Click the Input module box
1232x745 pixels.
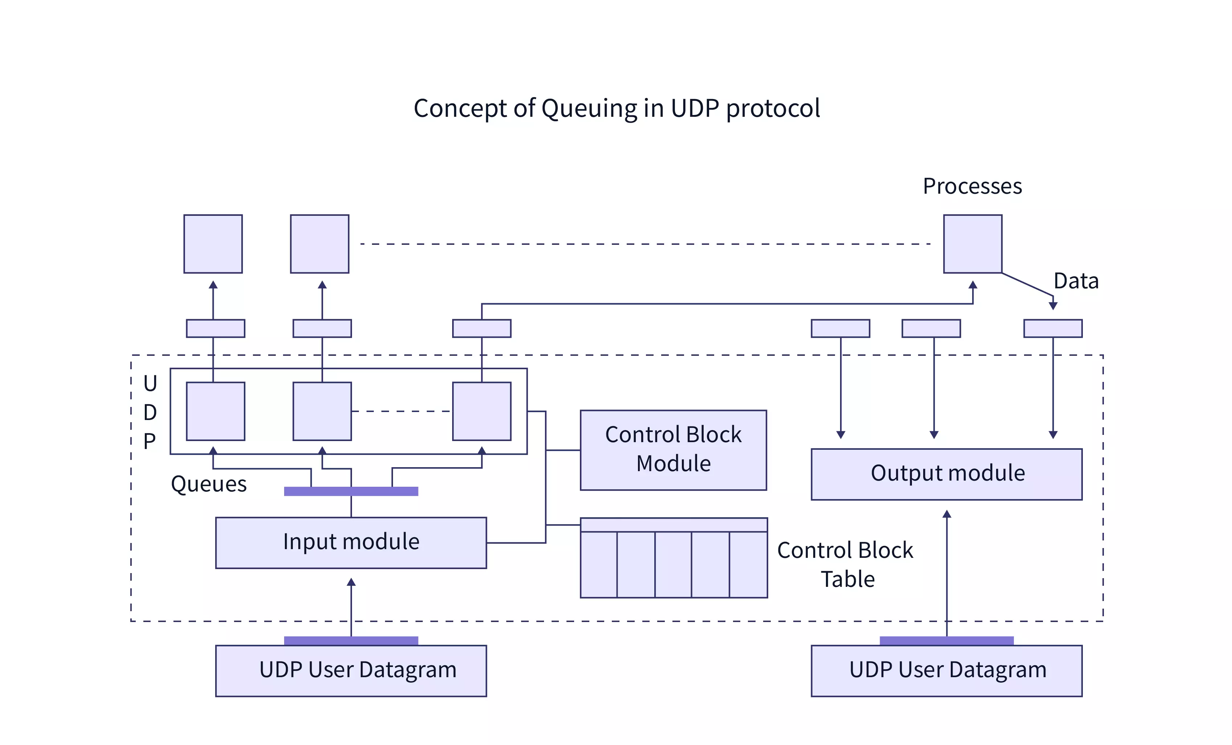[351, 543]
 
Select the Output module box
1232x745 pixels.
[946, 474]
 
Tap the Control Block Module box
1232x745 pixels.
[673, 450]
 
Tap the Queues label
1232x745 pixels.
[209, 484]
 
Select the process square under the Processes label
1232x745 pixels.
[973, 244]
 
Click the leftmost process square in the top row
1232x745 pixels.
[213, 244]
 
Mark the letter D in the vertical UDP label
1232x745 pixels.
[150, 412]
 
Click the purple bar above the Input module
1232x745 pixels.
[351, 491]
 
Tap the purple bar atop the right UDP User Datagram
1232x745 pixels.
[946, 641]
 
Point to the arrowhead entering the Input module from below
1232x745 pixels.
[351, 583]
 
